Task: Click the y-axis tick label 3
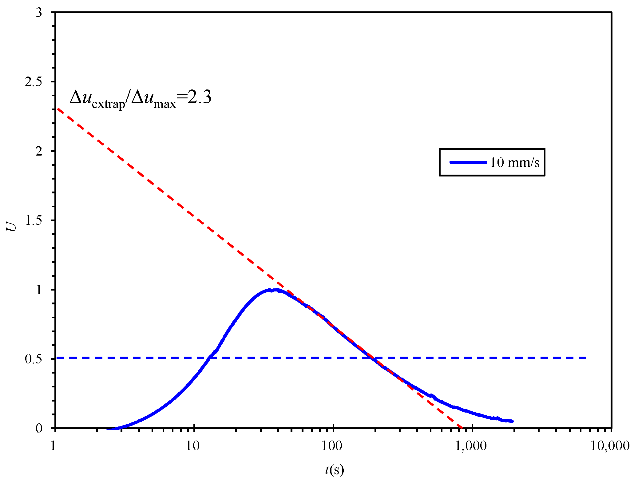click(39, 13)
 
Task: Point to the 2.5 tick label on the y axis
click(33, 82)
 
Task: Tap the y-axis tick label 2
click(39, 151)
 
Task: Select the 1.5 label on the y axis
click(33, 220)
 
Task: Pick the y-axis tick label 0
click(39, 428)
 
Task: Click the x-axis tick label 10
click(193, 445)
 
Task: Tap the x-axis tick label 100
click(332, 445)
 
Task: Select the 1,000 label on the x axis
click(471, 445)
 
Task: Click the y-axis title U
click(12, 227)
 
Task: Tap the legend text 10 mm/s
click(514, 162)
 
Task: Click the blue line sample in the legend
click(468, 162)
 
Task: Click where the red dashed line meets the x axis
click(462, 428)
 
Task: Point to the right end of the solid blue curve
click(512, 421)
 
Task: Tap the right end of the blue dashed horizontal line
click(586, 358)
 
